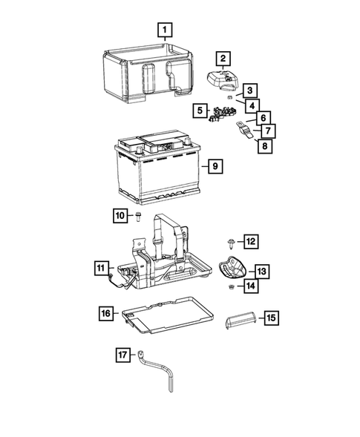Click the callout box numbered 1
click(x=165, y=30)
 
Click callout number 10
click(x=120, y=215)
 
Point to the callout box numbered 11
click(x=100, y=267)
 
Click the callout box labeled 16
click(x=105, y=314)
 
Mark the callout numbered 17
click(x=122, y=355)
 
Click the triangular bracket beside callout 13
click(x=233, y=268)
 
